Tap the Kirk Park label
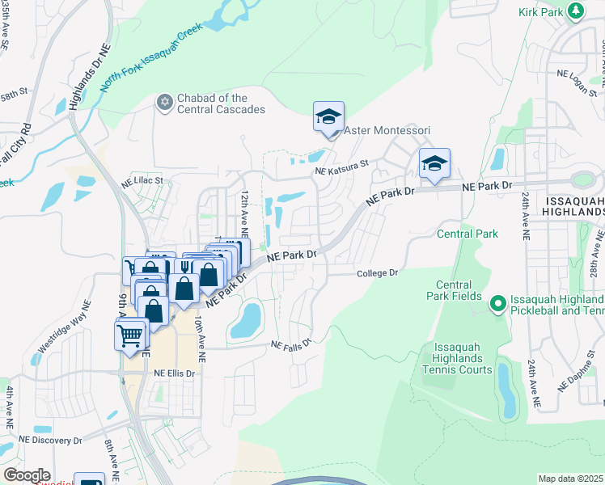tap(540, 11)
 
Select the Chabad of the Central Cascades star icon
tap(164, 102)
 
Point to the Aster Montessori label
tap(387, 130)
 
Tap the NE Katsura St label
tap(341, 166)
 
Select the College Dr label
tap(379, 273)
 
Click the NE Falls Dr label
tap(290, 345)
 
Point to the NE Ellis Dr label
tap(175, 373)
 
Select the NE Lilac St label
tap(142, 181)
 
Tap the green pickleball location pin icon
tap(498, 303)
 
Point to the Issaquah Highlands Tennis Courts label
tap(457, 358)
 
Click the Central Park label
tap(467, 234)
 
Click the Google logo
tap(27, 475)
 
